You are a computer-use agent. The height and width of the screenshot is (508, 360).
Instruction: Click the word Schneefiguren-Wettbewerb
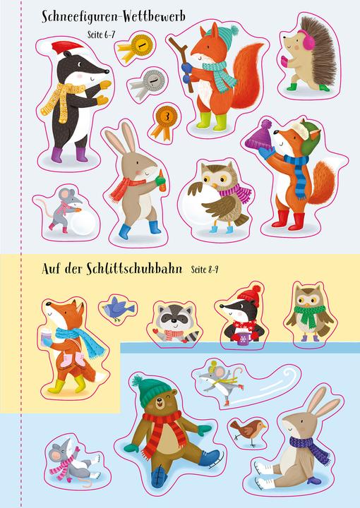pyautogui.click(x=114, y=17)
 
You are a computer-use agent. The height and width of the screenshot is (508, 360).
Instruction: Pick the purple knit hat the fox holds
pyautogui.click(x=259, y=134)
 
